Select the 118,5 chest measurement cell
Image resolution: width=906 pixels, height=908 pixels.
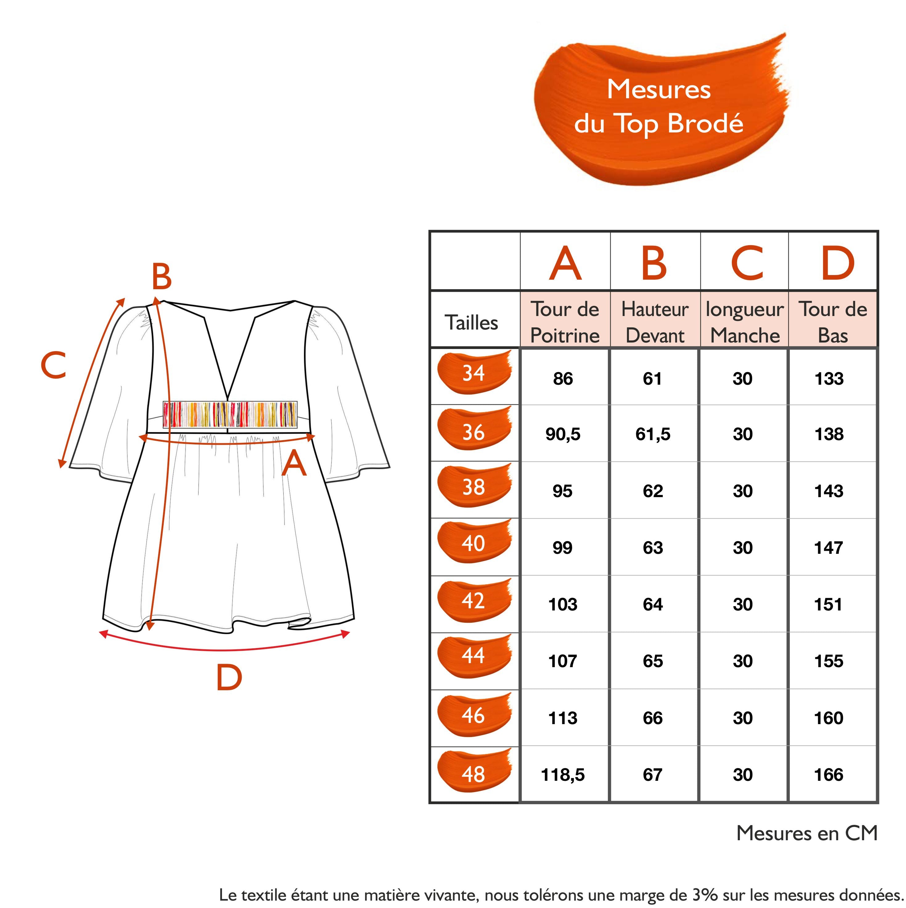[563, 775]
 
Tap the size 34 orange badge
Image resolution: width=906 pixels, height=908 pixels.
[474, 372]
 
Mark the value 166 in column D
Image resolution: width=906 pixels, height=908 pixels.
[829, 775]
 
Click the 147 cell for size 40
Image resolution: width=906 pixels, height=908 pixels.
[829, 548]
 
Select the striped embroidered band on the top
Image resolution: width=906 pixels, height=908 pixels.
[230, 414]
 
